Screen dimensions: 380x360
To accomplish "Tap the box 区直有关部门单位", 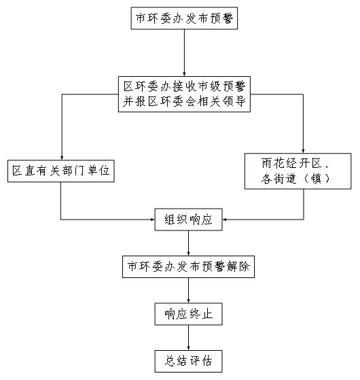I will tap(61, 171).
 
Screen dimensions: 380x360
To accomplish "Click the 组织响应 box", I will tap(188, 219).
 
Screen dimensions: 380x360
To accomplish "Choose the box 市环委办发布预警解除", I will tap(188, 267).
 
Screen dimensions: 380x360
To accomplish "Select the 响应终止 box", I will tap(188, 314).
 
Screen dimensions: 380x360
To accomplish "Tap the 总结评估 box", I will tap(188, 360).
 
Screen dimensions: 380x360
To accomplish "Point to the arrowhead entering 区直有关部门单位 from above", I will tap(61, 156).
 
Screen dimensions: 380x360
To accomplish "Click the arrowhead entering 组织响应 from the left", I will tap(152, 219).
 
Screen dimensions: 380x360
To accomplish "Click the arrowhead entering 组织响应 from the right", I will tap(225, 219).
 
